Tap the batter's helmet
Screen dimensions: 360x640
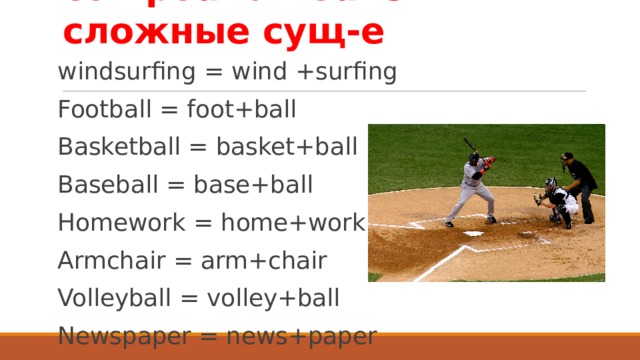click(x=475, y=159)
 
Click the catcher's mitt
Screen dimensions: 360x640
click(x=538, y=198)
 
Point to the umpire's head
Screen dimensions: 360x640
click(x=567, y=157)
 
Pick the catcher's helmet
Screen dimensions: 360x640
click(x=549, y=184)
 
